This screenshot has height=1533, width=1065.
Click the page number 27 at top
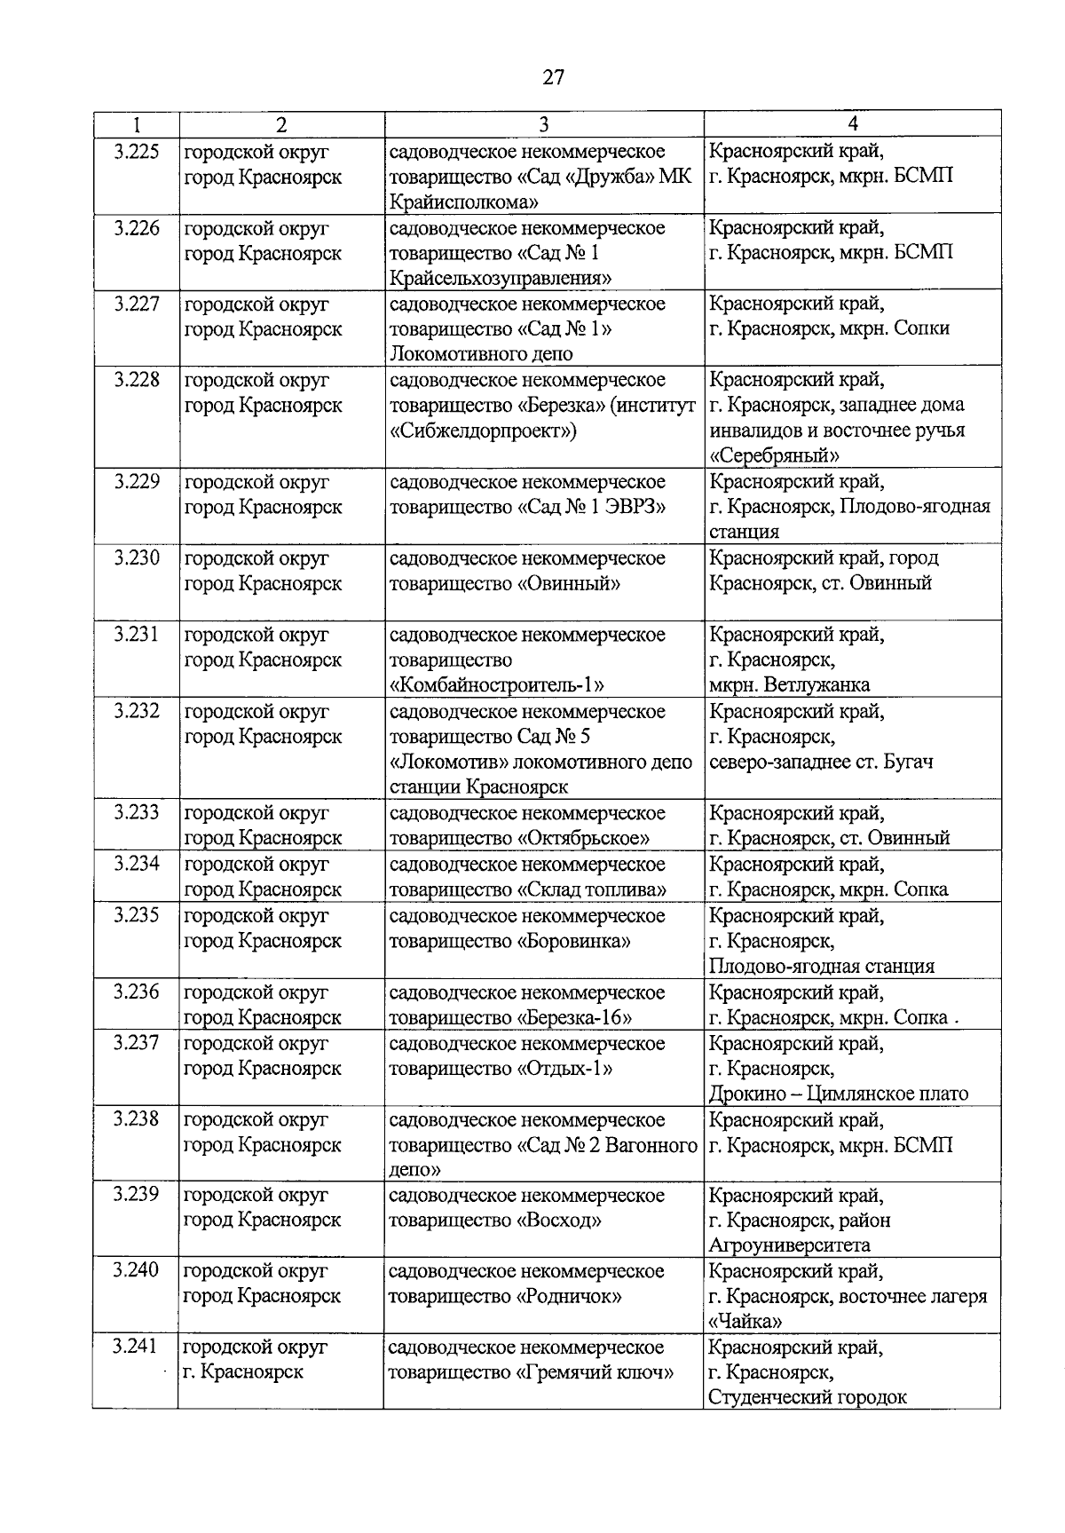click(x=552, y=78)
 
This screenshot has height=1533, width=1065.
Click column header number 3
click(x=543, y=125)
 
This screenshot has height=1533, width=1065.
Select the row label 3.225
click(x=136, y=152)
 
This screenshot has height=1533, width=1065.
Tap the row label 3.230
click(x=136, y=558)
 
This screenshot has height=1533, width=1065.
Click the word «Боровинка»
click(x=576, y=940)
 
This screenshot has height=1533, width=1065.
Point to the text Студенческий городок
click(x=808, y=1397)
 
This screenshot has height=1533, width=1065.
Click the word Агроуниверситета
click(x=790, y=1245)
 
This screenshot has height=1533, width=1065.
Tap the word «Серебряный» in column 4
click(x=775, y=455)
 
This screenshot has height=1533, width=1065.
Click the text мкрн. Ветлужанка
click(x=790, y=684)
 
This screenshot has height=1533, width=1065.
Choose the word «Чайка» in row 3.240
click(x=745, y=1321)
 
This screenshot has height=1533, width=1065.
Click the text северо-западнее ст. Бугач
click(x=821, y=762)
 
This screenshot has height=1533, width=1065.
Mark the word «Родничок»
click(x=568, y=1296)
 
